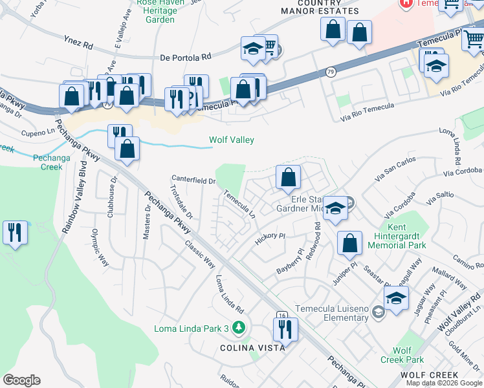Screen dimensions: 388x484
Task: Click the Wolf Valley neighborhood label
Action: click(x=231, y=140)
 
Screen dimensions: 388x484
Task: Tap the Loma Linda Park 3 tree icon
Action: click(x=239, y=329)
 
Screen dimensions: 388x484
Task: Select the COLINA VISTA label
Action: click(x=253, y=348)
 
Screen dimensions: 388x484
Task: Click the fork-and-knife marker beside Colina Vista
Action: click(x=285, y=329)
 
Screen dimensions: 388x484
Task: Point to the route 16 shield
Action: click(x=281, y=315)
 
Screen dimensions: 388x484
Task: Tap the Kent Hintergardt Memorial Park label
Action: click(x=406, y=237)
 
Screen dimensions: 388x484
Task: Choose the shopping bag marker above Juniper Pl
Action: click(x=349, y=243)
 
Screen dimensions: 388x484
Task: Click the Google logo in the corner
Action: click(x=21, y=380)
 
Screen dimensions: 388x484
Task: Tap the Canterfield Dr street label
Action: click(x=193, y=180)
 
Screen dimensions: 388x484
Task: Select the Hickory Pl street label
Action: click(x=270, y=236)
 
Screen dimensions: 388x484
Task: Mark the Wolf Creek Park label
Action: click(x=408, y=355)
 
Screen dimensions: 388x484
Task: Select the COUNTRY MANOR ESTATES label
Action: click(x=319, y=6)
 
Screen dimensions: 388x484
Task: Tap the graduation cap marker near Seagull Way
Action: click(x=396, y=298)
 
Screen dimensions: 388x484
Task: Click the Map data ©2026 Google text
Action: click(x=444, y=383)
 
